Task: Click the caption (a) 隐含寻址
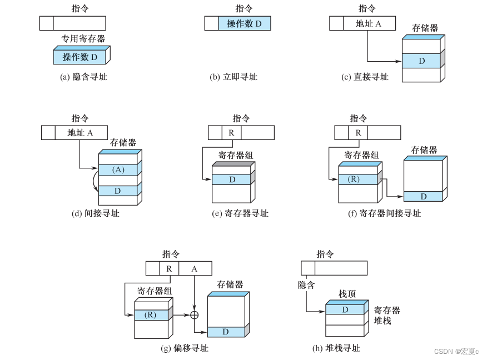click(83, 77)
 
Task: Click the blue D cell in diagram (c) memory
click(421, 61)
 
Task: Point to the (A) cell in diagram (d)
click(118, 169)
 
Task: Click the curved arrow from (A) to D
click(94, 180)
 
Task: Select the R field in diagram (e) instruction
click(231, 133)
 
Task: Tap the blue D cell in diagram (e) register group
click(231, 179)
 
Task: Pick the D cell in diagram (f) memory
click(423, 196)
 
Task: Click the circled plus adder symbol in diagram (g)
click(194, 314)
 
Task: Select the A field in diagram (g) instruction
click(194, 268)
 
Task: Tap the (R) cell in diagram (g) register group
click(150, 314)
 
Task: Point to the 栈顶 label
click(347, 293)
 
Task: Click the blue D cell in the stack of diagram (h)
click(345, 309)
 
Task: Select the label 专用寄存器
click(83, 39)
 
